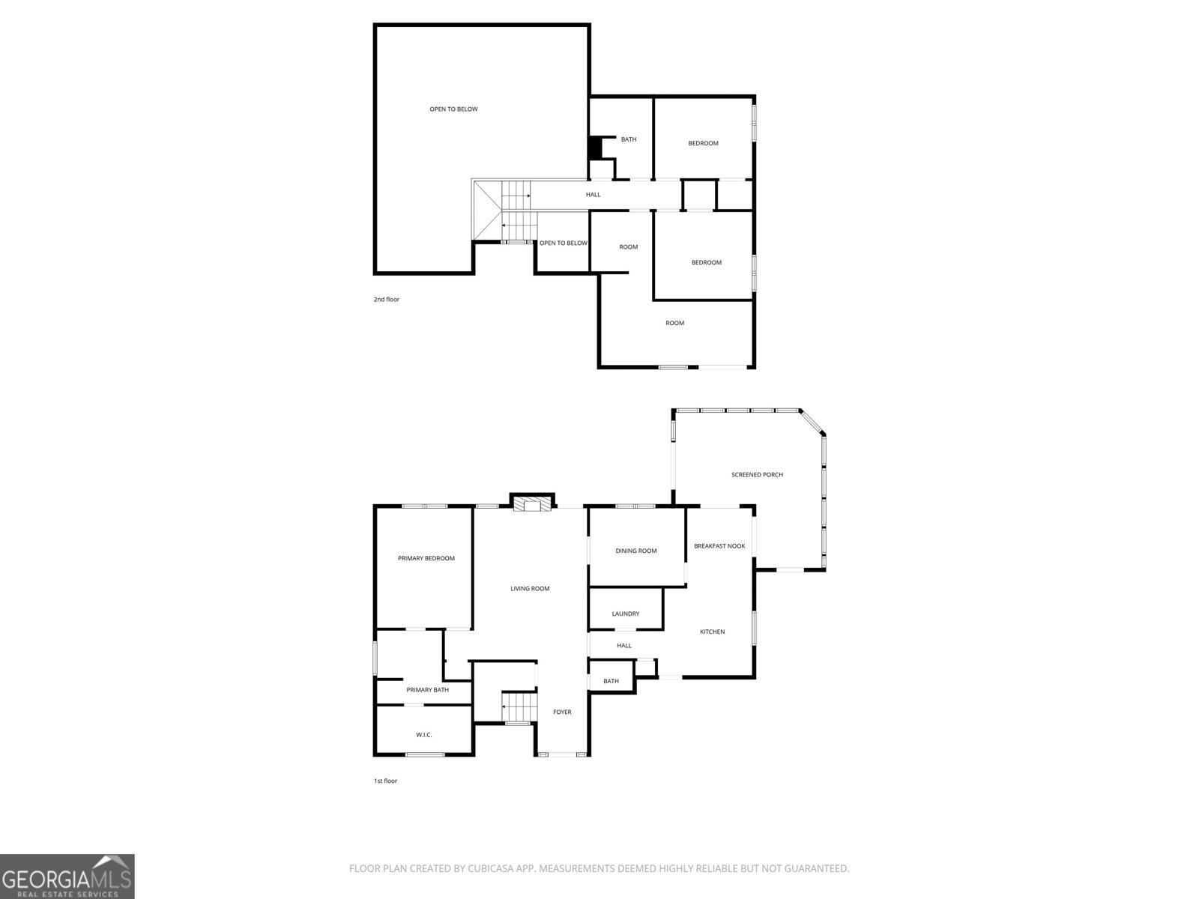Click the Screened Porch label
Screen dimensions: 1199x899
pos(757,475)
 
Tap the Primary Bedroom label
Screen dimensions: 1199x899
pos(426,558)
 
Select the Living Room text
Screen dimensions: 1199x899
pos(530,588)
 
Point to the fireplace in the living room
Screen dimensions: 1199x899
pos(532,504)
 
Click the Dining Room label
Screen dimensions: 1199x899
pos(635,551)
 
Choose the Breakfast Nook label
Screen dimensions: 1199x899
pos(719,546)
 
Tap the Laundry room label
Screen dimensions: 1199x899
pos(626,614)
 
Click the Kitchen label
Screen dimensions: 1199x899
pos(713,632)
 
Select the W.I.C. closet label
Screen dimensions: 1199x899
pos(424,735)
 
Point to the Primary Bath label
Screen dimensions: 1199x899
pos(428,690)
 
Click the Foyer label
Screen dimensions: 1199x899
pos(562,712)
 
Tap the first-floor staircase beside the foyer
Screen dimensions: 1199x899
pos(519,707)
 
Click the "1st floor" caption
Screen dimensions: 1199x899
pos(386,781)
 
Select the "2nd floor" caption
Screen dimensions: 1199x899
pos(386,299)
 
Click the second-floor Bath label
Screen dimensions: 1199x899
pos(629,139)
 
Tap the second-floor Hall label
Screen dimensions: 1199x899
pos(594,194)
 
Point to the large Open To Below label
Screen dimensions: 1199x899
pos(453,109)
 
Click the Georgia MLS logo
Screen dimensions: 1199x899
pos(67,877)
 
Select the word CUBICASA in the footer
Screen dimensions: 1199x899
pos(491,868)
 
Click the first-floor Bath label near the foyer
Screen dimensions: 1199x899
pos(611,681)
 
